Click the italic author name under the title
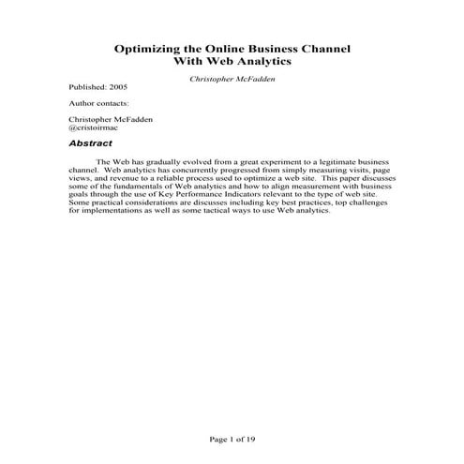pyautogui.click(x=232, y=80)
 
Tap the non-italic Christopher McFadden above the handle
pyautogui.click(x=111, y=119)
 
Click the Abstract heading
pyautogui.click(x=90, y=143)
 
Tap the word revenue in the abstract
pyautogui.click(x=123, y=178)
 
